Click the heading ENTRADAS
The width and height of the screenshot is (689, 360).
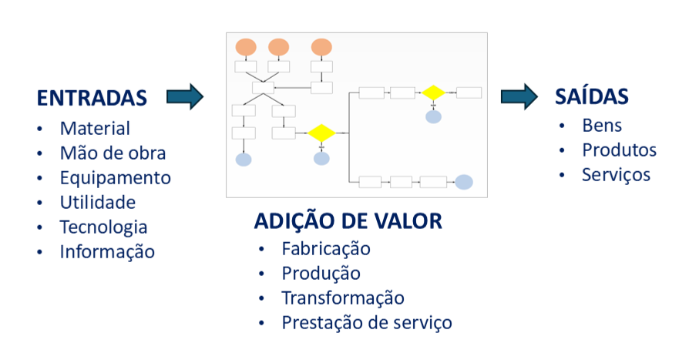(x=92, y=98)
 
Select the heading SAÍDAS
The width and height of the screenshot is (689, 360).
(x=591, y=96)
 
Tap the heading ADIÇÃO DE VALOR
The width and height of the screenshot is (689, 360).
(x=348, y=222)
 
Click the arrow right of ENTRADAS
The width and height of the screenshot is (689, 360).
(x=185, y=96)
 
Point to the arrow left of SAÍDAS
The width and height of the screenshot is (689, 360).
(x=519, y=96)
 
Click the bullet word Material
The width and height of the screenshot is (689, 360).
(x=95, y=128)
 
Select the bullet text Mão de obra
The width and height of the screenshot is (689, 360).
(x=113, y=153)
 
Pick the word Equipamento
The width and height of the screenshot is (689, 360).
(x=116, y=177)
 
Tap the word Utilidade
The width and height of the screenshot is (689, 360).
(x=98, y=202)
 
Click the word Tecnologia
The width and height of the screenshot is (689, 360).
(x=103, y=227)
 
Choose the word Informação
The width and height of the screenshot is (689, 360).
(x=107, y=251)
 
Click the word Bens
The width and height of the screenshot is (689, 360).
(x=602, y=125)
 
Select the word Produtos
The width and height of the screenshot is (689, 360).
(x=619, y=150)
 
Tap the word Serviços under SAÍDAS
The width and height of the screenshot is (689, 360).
(x=616, y=174)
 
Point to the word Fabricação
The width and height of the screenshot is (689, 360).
(x=326, y=249)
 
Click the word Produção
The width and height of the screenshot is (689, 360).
(x=321, y=274)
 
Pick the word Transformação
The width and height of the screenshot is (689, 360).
(x=342, y=298)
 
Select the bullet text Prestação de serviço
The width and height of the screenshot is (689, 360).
(x=367, y=322)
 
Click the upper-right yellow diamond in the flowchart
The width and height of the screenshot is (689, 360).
(x=432, y=93)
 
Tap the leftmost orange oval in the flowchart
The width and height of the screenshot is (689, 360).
(x=246, y=46)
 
